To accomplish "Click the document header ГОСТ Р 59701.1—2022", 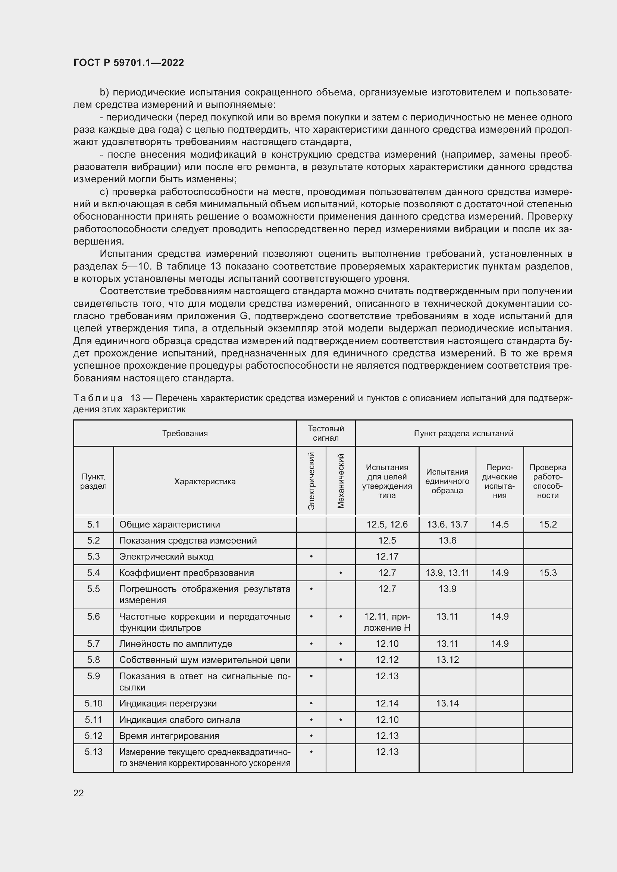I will (x=128, y=63).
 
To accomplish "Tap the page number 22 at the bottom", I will (x=79, y=793).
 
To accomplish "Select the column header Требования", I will (x=185, y=433).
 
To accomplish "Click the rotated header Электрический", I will (x=311, y=481).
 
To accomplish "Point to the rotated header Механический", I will (x=341, y=481).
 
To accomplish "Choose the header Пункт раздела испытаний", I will (x=464, y=433).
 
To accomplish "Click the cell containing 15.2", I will (x=548, y=525).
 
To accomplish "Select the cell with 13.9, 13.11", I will (x=447, y=573).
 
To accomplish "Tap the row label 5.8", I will (x=94, y=660).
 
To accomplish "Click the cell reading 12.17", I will (x=387, y=556).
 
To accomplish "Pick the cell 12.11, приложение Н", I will (x=387, y=622).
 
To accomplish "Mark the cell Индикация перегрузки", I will (x=168, y=703).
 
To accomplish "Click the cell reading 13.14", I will (x=447, y=703).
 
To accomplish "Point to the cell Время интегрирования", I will (x=169, y=736).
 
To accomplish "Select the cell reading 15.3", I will (x=548, y=573).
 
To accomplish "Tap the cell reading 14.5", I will (x=499, y=525).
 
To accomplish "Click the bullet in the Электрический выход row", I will (x=311, y=557).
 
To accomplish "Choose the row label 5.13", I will (x=94, y=752).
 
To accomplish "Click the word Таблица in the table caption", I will (x=98, y=398).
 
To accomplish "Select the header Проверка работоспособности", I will (x=548, y=481).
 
